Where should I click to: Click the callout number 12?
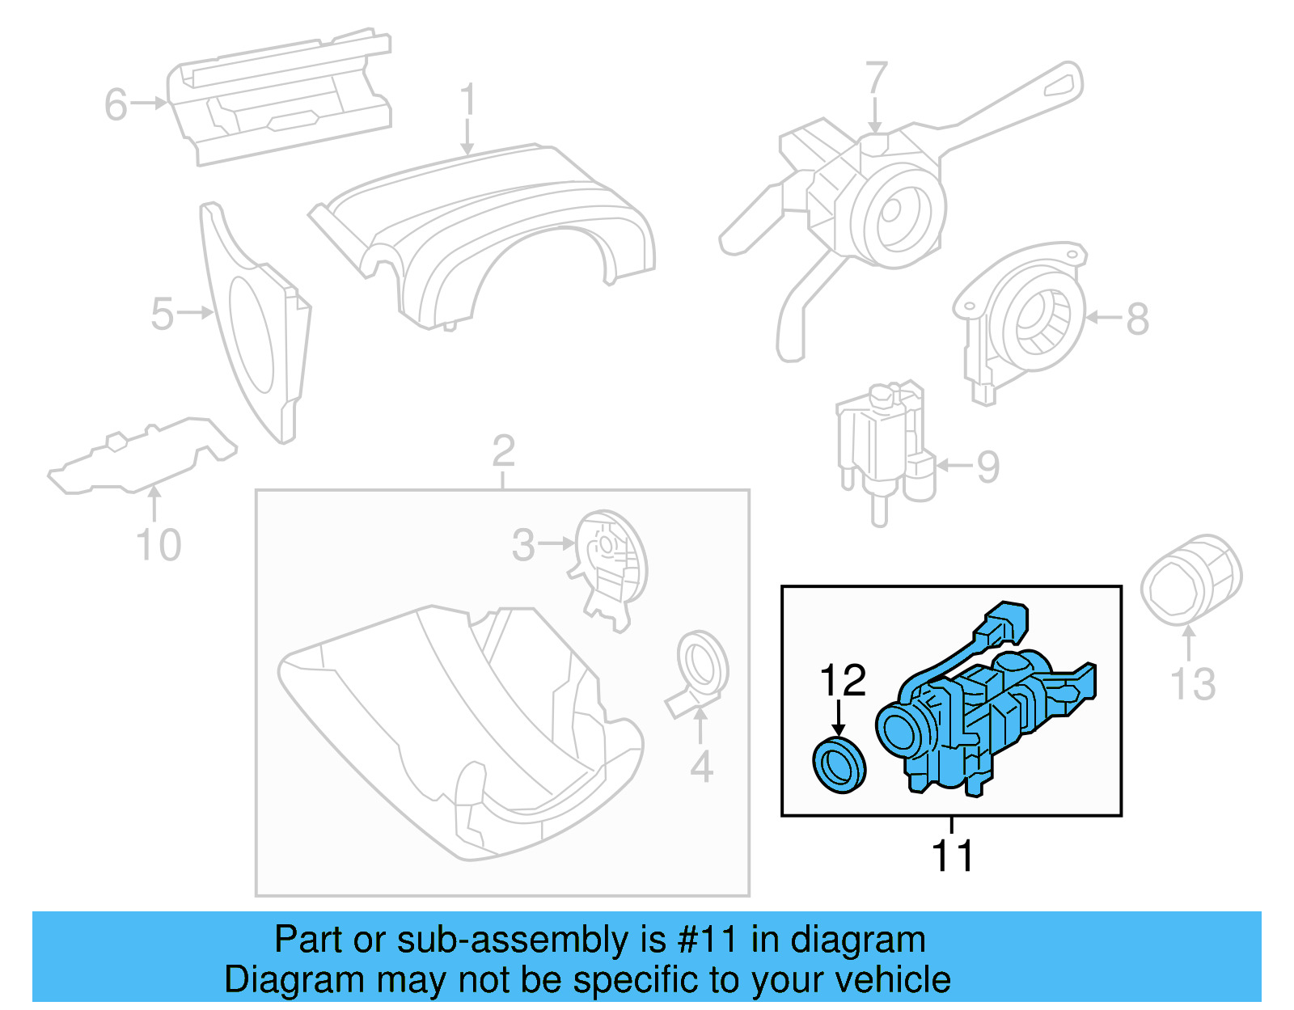(x=843, y=680)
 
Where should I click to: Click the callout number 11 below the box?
(x=952, y=856)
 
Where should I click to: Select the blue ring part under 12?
(x=839, y=765)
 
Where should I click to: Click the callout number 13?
(x=1193, y=684)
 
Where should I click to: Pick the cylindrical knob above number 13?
(x=1190, y=579)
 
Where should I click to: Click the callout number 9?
(x=987, y=467)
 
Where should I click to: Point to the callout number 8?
(x=1137, y=319)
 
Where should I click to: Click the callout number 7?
(x=876, y=78)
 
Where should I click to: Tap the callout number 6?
(x=116, y=104)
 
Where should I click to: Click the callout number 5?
(x=162, y=314)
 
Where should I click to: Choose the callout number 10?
(x=159, y=545)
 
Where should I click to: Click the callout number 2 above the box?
(x=503, y=450)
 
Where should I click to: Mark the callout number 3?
(x=523, y=545)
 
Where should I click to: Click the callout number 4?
(x=701, y=767)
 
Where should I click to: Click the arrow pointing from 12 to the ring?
(x=839, y=717)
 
